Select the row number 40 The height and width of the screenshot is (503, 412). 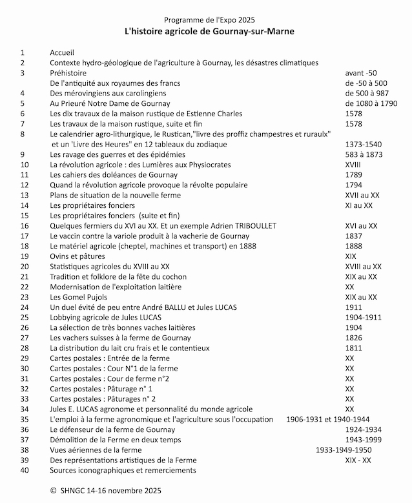25,470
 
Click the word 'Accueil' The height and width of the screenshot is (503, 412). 63,52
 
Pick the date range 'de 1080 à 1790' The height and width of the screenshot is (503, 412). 371,103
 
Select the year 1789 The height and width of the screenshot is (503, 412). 354,174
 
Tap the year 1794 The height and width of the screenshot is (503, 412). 354,185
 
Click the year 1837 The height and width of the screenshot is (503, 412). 354,236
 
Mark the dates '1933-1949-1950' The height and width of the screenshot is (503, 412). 343,449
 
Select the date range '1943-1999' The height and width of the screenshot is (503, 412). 363,439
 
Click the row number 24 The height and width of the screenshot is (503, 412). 25,307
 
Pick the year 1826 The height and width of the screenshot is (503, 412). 354,338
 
